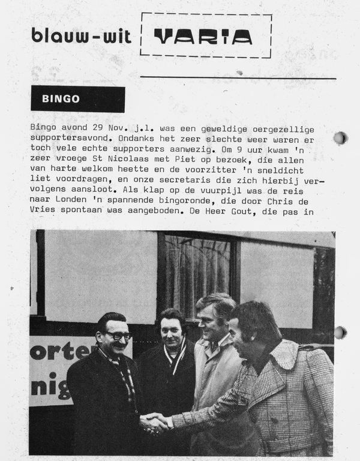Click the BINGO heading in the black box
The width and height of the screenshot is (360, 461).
click(x=61, y=99)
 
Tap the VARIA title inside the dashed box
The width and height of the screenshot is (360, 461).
click(x=203, y=37)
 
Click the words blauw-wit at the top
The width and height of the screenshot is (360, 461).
click(x=80, y=36)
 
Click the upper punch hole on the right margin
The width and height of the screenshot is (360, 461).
click(x=340, y=138)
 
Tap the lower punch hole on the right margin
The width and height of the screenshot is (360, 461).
click(x=340, y=332)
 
